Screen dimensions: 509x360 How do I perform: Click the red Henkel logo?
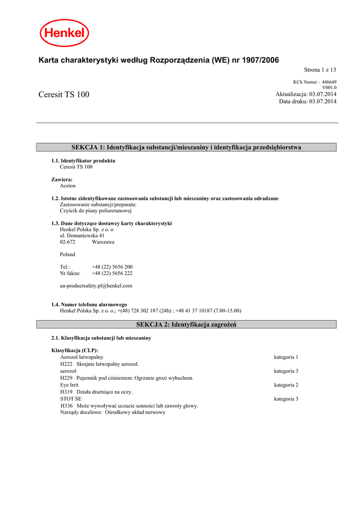64,33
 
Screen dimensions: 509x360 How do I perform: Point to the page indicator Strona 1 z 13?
320,70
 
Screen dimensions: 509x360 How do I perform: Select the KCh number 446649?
329,82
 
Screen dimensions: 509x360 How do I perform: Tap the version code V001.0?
329,87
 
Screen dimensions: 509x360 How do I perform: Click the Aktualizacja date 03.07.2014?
323,94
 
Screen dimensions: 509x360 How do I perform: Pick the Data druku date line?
307,101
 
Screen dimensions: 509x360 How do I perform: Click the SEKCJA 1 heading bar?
186,147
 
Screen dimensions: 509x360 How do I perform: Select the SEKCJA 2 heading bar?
186,325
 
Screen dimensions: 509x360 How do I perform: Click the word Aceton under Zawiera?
68,185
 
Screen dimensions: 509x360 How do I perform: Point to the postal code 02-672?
68,242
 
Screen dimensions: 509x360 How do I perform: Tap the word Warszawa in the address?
103,242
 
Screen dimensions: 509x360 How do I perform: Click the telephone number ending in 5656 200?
112,267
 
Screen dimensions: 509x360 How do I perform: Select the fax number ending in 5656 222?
112,273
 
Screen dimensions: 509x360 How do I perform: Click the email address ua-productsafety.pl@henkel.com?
96,286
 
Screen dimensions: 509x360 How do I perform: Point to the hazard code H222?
66,364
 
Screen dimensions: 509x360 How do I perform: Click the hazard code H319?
66,392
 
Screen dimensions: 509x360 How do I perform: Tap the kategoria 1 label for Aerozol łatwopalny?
286,357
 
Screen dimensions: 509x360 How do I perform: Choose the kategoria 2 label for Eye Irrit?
286,385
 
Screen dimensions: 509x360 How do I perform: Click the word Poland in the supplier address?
67,254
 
